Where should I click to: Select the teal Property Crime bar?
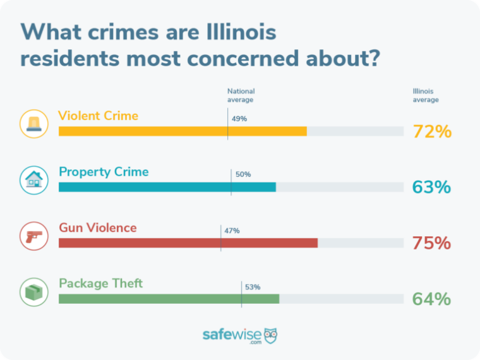click(x=167, y=187)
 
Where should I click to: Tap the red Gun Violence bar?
click(x=188, y=243)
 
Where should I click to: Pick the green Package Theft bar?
click(x=169, y=299)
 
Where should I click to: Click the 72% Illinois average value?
click(x=432, y=131)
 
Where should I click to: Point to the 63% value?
click(x=432, y=187)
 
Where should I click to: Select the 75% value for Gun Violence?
click(x=432, y=243)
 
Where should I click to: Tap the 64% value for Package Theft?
click(x=432, y=299)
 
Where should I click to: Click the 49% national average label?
click(x=239, y=119)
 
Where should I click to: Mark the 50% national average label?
click(x=243, y=174)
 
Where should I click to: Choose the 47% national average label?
click(x=232, y=231)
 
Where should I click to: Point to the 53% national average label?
click(x=253, y=287)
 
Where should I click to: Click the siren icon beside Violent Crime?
click(x=33, y=124)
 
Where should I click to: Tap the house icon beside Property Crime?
click(x=33, y=180)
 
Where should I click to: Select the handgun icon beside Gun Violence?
click(x=33, y=236)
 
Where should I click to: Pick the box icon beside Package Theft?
click(x=33, y=292)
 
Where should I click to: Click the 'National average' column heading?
click(x=241, y=95)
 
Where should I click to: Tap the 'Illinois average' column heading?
click(x=425, y=95)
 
